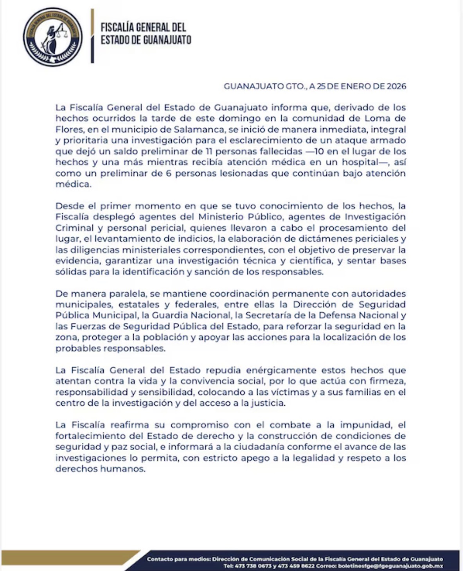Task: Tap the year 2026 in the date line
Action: (x=396, y=86)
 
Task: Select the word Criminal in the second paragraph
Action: (x=74, y=228)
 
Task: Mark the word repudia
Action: (x=223, y=370)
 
